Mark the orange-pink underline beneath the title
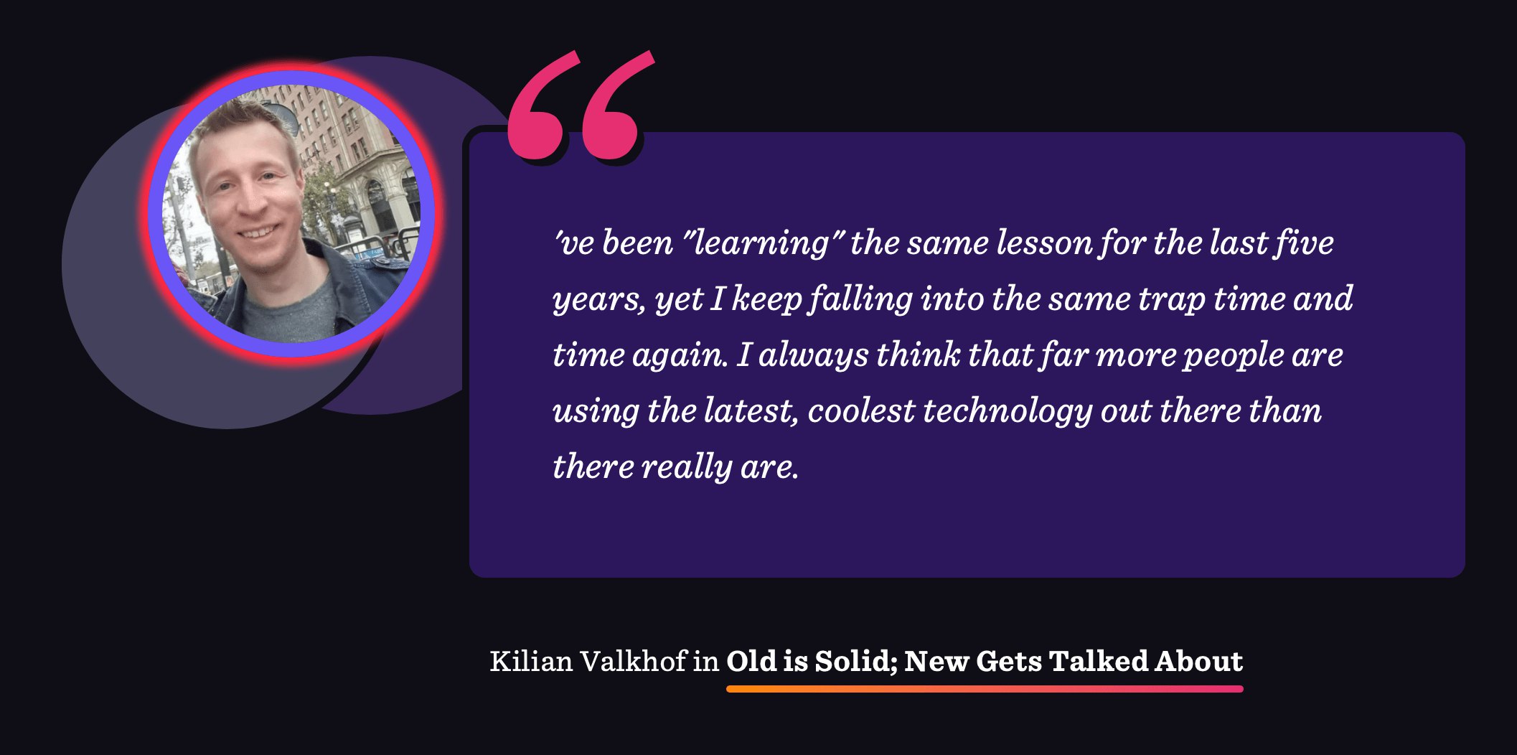(x=985, y=689)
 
